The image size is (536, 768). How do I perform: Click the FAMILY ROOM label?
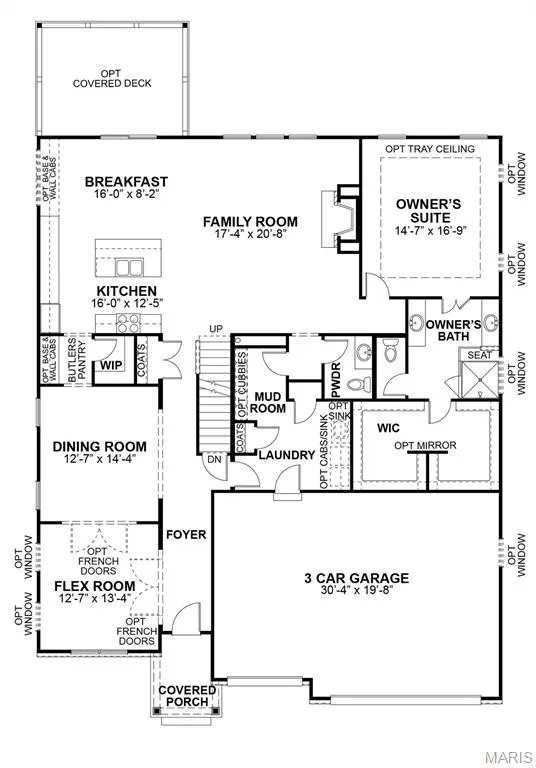pyautogui.click(x=250, y=222)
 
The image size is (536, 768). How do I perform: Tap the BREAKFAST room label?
pyautogui.click(x=126, y=182)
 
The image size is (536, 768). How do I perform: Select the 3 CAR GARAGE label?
pyautogui.click(x=357, y=578)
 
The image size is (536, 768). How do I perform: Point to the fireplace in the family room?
pyautogui.click(x=341, y=218)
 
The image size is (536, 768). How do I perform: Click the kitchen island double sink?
pyautogui.click(x=129, y=267)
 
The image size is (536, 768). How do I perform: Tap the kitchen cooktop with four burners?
pyautogui.click(x=128, y=323)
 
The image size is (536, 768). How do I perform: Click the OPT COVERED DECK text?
pyautogui.click(x=112, y=79)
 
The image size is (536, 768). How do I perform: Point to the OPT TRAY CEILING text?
pyautogui.click(x=430, y=149)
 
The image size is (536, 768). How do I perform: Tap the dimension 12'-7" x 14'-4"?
pyautogui.click(x=99, y=459)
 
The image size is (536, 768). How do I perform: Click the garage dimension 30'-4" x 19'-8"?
pyautogui.click(x=357, y=590)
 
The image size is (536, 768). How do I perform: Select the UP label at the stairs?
pyautogui.click(x=216, y=329)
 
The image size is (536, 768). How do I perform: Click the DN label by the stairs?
pyautogui.click(x=215, y=459)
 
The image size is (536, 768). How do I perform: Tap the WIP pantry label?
pyautogui.click(x=111, y=365)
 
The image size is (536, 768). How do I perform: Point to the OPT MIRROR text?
pyautogui.click(x=425, y=445)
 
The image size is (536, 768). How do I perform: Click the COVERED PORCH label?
pyautogui.click(x=187, y=696)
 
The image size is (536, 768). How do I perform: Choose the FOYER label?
pyautogui.click(x=186, y=534)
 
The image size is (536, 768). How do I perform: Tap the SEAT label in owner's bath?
pyautogui.click(x=479, y=355)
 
